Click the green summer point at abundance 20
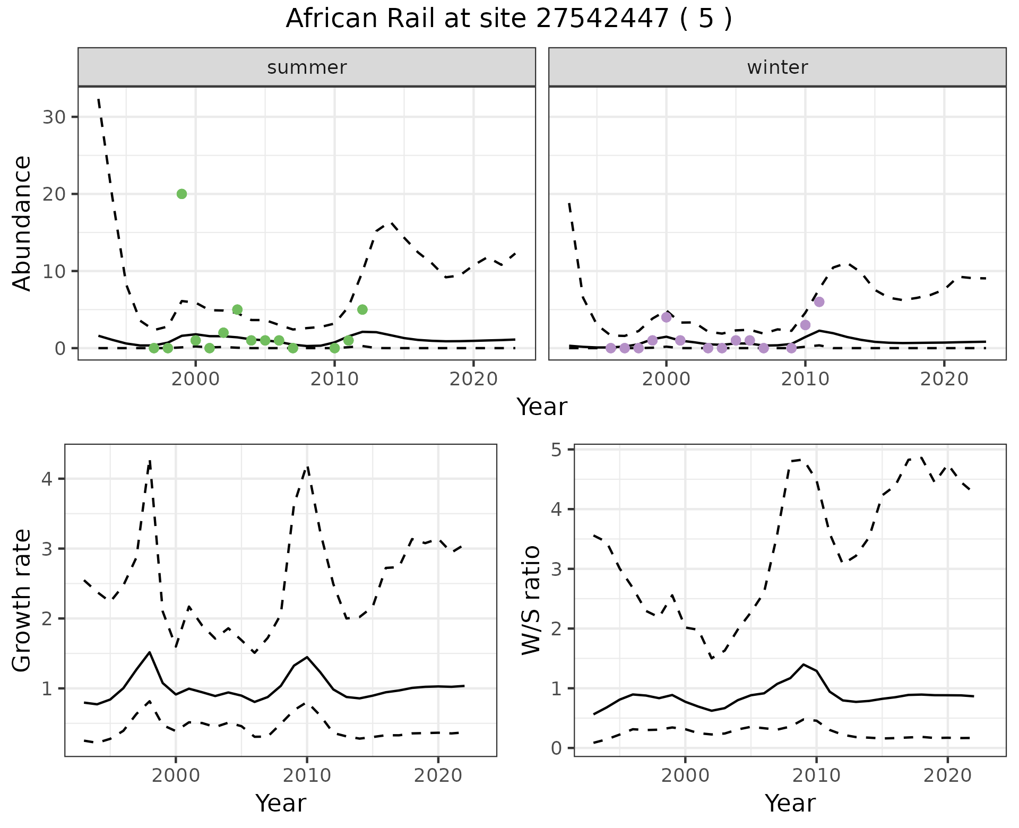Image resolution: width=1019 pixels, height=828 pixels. pos(182,194)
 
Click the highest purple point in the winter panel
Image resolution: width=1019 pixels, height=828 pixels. pos(819,301)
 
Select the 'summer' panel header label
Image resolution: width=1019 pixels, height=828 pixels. pos(307,67)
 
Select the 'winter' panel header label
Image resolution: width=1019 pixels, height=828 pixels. pos(777,67)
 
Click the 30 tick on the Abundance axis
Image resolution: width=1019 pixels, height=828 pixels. pos(54,117)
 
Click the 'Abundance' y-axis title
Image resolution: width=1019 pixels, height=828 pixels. pos(22,223)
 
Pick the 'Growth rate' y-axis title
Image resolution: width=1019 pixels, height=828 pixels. pos(22,600)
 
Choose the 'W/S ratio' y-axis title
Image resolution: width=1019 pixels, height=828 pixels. pos(531,600)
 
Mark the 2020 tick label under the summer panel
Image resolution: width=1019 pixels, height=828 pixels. pos(473,379)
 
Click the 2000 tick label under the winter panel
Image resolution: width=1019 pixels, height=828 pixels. pos(666,379)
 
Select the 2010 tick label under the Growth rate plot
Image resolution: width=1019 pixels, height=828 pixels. pos(306,775)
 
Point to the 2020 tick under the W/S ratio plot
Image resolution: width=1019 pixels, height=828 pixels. pos(947,775)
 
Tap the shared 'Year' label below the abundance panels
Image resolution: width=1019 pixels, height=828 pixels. pos(542,407)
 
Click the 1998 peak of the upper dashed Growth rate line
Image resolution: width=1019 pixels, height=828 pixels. pos(150,461)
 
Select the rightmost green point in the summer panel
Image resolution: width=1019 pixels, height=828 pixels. pos(362,309)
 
